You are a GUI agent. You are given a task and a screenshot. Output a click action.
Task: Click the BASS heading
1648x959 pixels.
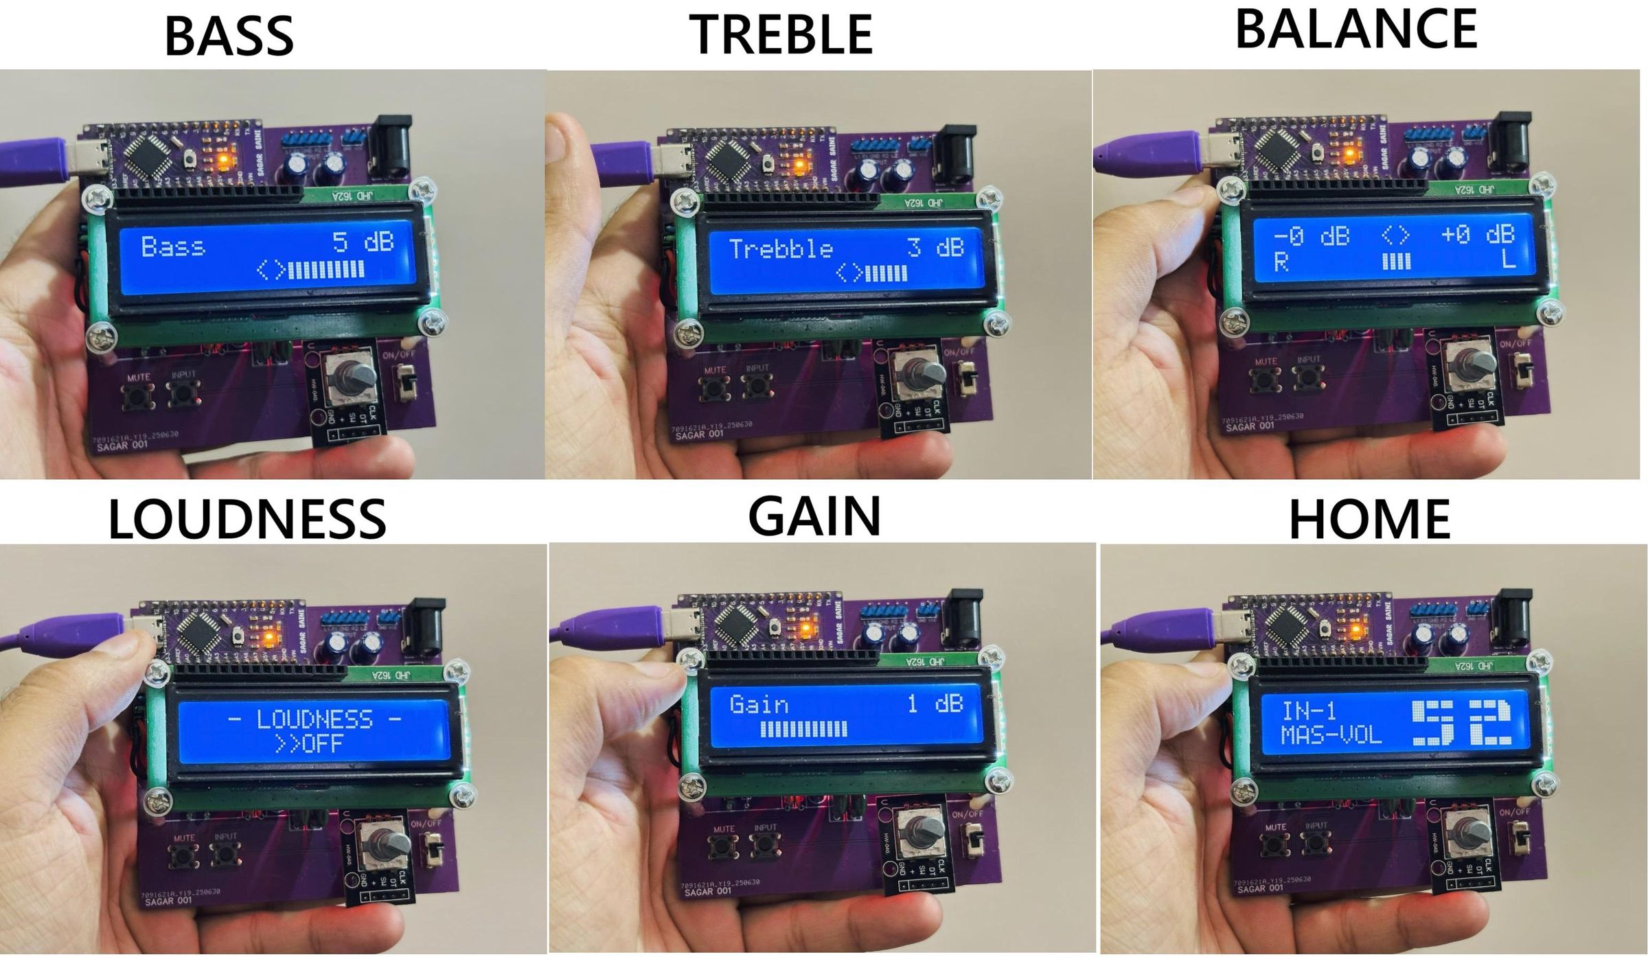pos(229,36)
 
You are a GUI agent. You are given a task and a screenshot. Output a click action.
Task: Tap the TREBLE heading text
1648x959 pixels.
pos(781,34)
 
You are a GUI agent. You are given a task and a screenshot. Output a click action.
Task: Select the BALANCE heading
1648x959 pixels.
pos(1356,29)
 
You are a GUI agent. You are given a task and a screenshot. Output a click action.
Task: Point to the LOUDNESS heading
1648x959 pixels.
pos(247,519)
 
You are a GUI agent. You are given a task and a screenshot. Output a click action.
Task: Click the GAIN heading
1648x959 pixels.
pos(814,516)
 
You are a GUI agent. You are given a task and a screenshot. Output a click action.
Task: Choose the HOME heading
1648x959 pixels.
pos(1369,519)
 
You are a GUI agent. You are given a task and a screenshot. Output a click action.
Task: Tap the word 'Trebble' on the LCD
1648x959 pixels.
pos(781,249)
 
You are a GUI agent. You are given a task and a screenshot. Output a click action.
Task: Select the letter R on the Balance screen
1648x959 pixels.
pos(1281,262)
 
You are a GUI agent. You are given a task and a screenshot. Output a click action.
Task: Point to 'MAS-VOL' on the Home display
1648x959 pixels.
pos(1331,735)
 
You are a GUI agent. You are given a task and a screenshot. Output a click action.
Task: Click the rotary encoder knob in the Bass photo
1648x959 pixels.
pos(356,377)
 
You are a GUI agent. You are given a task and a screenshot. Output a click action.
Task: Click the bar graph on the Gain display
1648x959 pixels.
pos(803,729)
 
